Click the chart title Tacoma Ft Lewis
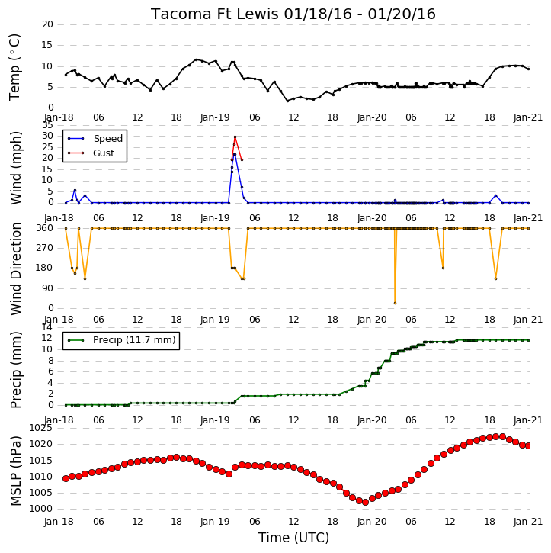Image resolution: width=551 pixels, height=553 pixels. click(216, 14)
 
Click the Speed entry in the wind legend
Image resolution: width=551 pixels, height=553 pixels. click(95, 139)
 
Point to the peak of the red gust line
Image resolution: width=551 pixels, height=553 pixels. click(235, 137)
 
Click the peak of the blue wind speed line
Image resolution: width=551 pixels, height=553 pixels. click(235, 155)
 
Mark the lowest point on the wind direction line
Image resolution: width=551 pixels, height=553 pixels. click(395, 303)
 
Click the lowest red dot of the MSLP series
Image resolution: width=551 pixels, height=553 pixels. click(365, 502)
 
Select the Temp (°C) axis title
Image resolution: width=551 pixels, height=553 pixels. click(14, 67)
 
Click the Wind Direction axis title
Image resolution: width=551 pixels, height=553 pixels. click(15, 268)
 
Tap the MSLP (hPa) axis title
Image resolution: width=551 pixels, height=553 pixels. click(15, 471)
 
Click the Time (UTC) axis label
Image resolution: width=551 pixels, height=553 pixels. click(294, 538)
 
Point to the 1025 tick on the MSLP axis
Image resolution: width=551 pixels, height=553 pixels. click(40, 428)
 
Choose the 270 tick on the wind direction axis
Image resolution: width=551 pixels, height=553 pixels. click(45, 248)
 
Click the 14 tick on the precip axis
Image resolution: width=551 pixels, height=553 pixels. click(47, 328)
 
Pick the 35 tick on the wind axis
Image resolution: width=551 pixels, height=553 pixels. click(47, 126)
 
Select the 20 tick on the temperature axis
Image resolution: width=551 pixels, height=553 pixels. click(47, 24)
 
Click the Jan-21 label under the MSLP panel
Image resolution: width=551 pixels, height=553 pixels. click(527, 522)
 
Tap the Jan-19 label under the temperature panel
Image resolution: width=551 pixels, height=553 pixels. click(215, 117)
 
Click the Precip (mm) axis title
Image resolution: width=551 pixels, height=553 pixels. click(15, 370)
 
